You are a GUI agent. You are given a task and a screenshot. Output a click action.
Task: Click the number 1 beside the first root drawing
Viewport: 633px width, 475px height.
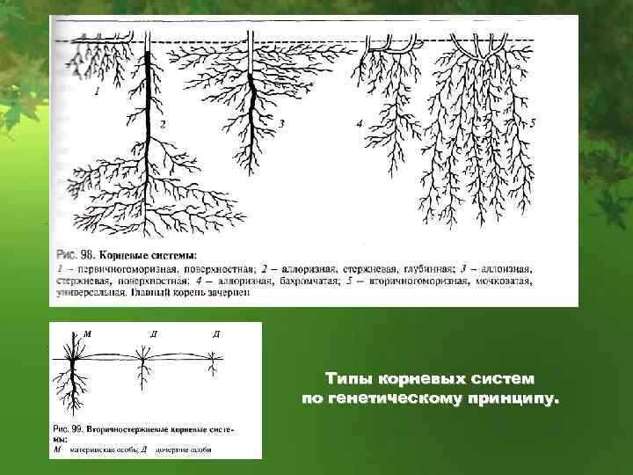(x=97, y=90)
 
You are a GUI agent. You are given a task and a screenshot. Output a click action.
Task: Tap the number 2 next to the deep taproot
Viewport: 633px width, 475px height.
(x=163, y=124)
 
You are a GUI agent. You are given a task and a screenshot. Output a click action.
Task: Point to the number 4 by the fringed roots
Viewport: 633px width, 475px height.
(x=360, y=124)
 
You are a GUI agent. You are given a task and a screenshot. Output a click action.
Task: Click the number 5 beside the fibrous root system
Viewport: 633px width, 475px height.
(x=533, y=124)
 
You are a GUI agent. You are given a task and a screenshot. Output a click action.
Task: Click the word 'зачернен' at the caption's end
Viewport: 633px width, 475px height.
(x=231, y=295)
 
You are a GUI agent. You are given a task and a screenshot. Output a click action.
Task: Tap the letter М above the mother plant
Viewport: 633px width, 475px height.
(x=87, y=334)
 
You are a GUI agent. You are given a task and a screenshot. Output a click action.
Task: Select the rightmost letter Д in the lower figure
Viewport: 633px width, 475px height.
(x=215, y=334)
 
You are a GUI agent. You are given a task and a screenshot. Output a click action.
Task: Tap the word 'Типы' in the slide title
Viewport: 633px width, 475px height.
(x=347, y=379)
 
